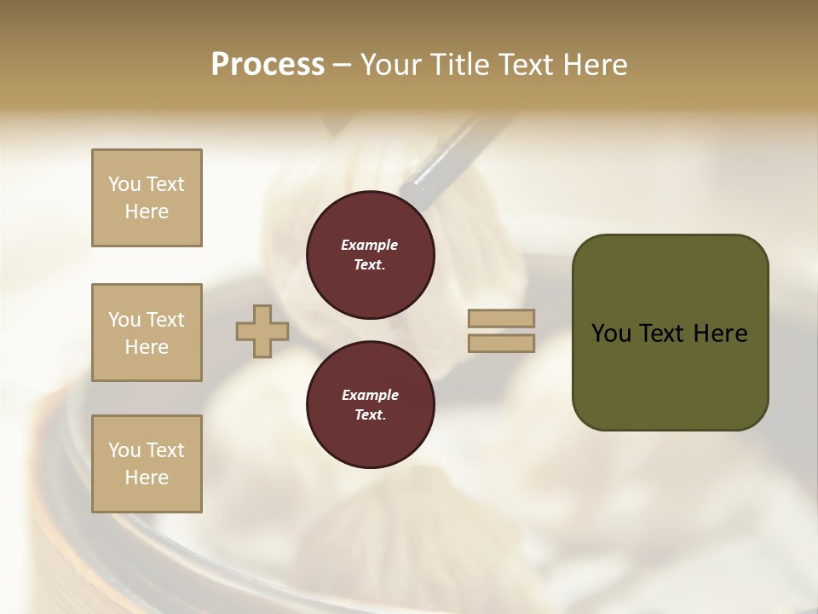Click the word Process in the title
coord(268,65)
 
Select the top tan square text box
coord(147,198)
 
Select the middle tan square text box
coord(147,333)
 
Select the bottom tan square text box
coord(147,464)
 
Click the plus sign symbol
coord(262,332)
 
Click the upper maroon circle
coord(371,255)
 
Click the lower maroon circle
coord(371,405)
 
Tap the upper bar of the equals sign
coord(502,319)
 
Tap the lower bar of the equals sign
coord(502,344)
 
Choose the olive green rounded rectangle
coord(670,375)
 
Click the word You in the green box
coord(610,333)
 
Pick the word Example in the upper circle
coord(370,245)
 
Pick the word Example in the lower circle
coord(370,395)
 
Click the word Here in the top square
coord(147,211)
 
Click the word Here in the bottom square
coord(147,478)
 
